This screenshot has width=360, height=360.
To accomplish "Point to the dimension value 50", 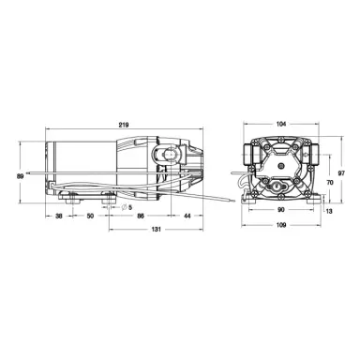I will click(x=90, y=217).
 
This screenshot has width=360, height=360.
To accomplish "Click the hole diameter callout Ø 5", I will click(x=127, y=206).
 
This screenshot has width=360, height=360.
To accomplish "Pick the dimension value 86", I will click(x=141, y=217).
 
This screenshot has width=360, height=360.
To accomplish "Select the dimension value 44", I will click(x=188, y=217).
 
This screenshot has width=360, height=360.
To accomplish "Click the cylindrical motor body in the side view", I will click(x=80, y=165).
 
